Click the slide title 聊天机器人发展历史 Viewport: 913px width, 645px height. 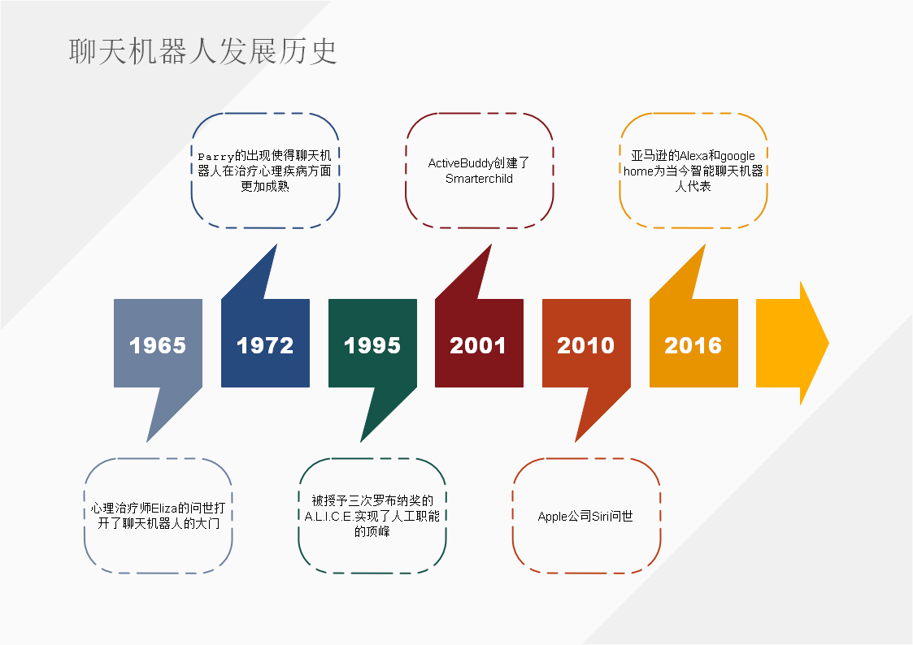pos(202,51)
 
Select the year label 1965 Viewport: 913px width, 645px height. pos(158,345)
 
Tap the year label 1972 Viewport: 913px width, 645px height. pos(265,345)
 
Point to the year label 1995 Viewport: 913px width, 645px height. pos(372,345)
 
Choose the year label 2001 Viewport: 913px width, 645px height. pos(478,345)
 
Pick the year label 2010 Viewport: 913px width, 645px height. pos(585,345)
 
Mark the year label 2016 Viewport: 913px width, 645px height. pos(693,345)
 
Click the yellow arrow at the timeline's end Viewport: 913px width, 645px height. pos(793,343)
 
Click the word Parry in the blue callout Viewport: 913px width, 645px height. pos(216,157)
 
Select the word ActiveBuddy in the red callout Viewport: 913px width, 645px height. pos(461,163)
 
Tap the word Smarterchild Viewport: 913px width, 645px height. pos(479,179)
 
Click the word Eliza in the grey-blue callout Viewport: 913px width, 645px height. pos(165,509)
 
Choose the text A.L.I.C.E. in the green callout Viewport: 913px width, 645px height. pos(329,517)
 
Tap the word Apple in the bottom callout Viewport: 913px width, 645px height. pos(553,517)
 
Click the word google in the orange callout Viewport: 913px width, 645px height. pos(737,157)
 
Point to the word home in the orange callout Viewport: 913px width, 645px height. pos(638,171)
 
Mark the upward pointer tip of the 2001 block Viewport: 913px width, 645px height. pos(491,245)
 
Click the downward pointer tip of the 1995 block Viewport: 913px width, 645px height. pos(361,442)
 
